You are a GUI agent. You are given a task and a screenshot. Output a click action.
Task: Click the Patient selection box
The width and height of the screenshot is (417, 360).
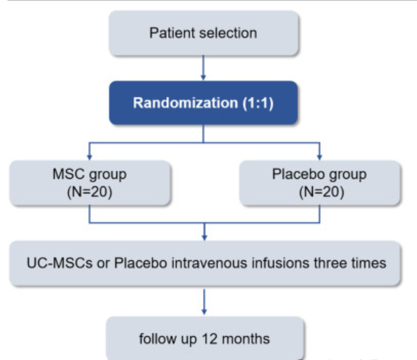[204, 33]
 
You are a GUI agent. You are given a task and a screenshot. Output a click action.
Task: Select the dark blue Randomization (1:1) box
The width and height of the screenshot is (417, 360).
[204, 103]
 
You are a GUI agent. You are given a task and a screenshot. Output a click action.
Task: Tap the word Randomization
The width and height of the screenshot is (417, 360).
[185, 102]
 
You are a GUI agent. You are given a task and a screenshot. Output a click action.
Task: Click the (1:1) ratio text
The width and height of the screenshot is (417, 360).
[258, 103]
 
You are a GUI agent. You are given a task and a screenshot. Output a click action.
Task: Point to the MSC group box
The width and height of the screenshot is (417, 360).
[90, 183]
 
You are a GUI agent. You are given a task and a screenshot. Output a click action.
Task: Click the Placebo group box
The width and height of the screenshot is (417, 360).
[320, 183]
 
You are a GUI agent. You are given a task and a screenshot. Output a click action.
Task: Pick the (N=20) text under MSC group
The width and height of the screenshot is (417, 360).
[90, 192]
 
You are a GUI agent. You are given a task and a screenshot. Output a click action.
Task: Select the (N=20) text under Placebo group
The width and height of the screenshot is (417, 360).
[321, 192]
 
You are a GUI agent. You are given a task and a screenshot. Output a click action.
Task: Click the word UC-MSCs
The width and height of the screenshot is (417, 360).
[59, 263]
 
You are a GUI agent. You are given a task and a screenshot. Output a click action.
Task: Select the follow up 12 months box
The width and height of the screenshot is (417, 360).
[205, 338]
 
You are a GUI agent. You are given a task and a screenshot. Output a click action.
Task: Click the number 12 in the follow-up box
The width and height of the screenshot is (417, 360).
[210, 339]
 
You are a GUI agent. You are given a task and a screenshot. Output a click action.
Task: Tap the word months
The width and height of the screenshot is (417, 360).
[245, 339]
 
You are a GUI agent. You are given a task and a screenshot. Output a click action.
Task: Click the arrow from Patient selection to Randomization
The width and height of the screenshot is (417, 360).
[204, 68]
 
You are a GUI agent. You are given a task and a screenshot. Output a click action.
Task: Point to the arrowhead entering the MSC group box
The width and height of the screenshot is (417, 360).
[90, 157]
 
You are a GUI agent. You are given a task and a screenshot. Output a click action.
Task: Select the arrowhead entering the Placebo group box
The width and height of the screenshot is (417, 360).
[320, 157]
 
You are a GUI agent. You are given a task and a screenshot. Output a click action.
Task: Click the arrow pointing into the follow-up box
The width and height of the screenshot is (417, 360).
[204, 302]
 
